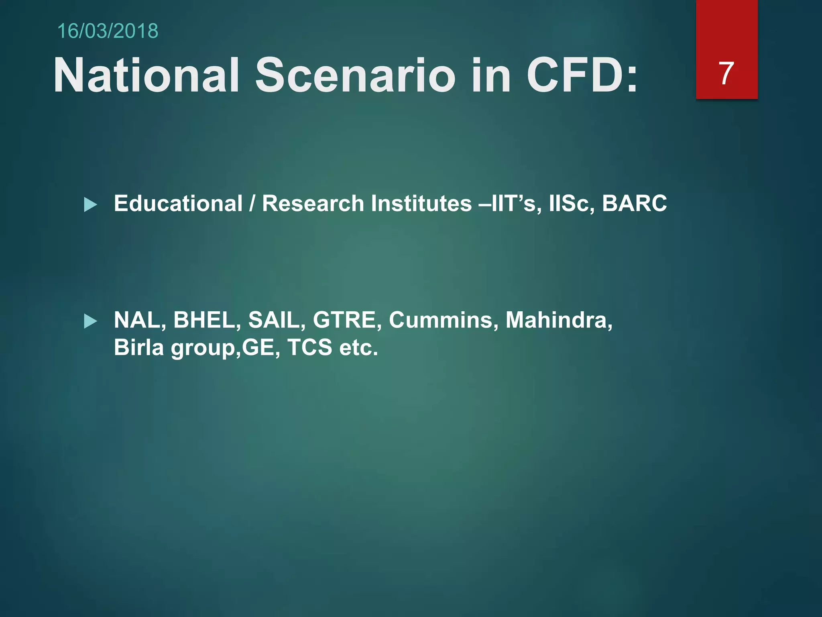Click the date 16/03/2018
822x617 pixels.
click(x=108, y=31)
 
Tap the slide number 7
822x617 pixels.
click(x=726, y=74)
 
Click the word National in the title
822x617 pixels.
click(x=146, y=75)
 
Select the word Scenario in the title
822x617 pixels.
click(x=355, y=75)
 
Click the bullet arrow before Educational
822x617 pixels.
click(x=90, y=205)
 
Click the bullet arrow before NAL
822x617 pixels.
click(x=90, y=321)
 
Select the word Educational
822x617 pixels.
click(x=178, y=203)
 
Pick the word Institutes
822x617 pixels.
click(x=421, y=203)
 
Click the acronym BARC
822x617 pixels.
click(x=634, y=203)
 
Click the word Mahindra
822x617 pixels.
click(x=558, y=320)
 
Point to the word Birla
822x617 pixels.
click(x=138, y=347)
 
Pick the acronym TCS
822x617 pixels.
click(x=310, y=347)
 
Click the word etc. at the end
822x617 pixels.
click(x=358, y=347)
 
